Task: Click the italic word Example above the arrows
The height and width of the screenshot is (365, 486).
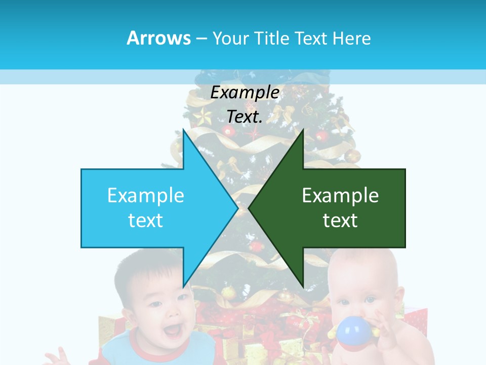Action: pyautogui.click(x=245, y=92)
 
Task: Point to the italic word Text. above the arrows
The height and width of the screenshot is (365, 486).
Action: pyautogui.click(x=245, y=117)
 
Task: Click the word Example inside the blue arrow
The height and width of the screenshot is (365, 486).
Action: pyautogui.click(x=145, y=195)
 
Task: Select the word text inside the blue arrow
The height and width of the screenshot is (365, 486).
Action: pyautogui.click(x=145, y=221)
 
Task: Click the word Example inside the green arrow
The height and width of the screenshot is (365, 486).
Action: pyautogui.click(x=340, y=195)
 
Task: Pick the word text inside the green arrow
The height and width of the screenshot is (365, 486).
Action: pyautogui.click(x=340, y=221)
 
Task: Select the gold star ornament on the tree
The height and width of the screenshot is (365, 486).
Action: pyautogui.click(x=202, y=116)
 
